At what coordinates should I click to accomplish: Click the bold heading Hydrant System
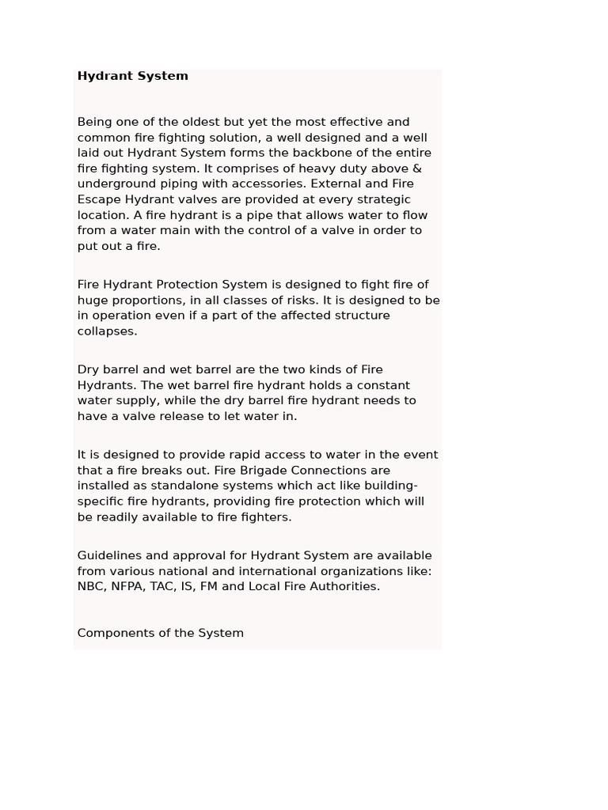132,76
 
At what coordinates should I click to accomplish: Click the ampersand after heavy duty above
417,168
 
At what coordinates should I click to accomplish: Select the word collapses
107,331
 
